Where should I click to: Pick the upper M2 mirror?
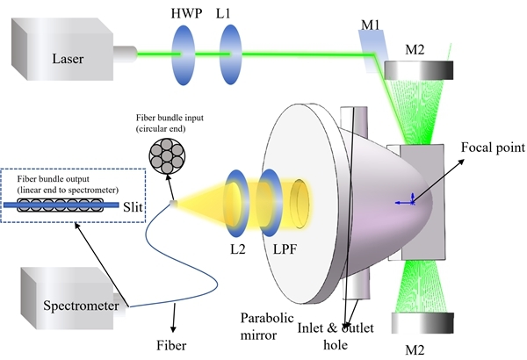[427, 67]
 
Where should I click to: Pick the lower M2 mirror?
[427, 324]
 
